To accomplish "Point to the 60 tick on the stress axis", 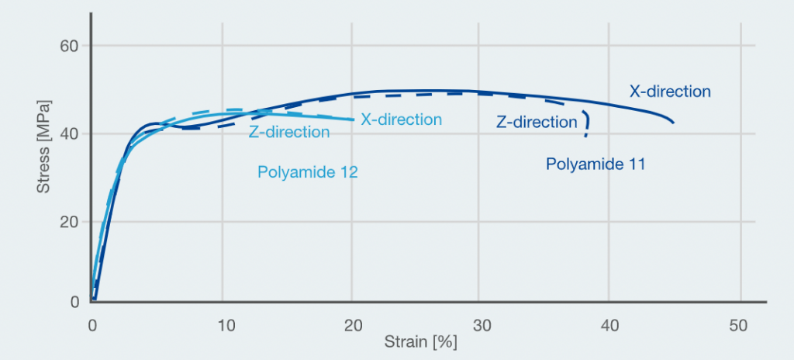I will click(x=71, y=46).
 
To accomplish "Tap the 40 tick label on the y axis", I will click(x=71, y=133).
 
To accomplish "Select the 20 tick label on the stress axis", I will click(x=71, y=222).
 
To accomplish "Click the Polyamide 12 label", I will click(x=308, y=172).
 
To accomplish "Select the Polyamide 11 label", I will click(x=595, y=164).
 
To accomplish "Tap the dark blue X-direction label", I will click(x=670, y=92).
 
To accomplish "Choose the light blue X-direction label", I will click(x=401, y=119).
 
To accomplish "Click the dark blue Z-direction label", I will click(x=537, y=122).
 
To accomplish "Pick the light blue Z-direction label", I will click(x=289, y=132).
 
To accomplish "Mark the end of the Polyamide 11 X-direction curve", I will click(x=673, y=123).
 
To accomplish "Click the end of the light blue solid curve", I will click(x=354, y=119).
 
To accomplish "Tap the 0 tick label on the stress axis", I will click(x=76, y=302).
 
